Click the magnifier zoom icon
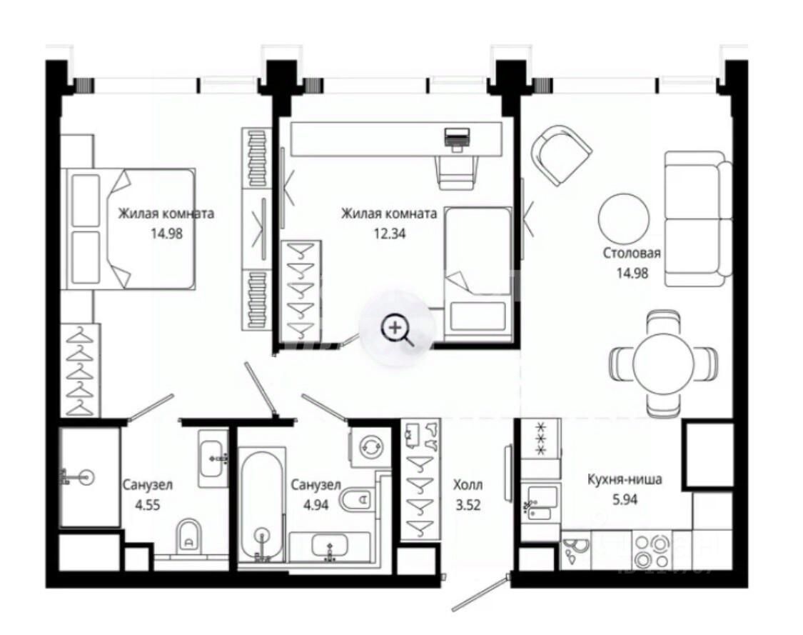(x=397, y=329)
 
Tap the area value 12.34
(x=390, y=234)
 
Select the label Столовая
(x=632, y=253)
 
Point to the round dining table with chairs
(x=663, y=364)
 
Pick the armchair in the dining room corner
(x=561, y=155)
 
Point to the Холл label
(x=468, y=484)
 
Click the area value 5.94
(x=625, y=499)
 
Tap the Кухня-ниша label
(x=625, y=479)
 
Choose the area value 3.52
(x=468, y=505)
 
